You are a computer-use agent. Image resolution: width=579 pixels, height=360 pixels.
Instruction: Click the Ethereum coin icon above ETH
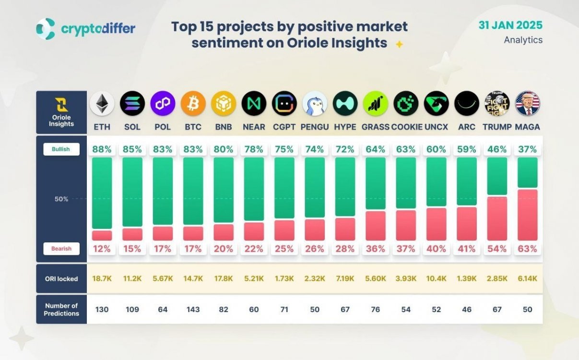(x=102, y=104)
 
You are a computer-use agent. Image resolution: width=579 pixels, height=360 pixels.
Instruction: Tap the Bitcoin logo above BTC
(x=193, y=104)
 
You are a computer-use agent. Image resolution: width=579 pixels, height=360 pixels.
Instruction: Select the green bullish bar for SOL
(x=132, y=192)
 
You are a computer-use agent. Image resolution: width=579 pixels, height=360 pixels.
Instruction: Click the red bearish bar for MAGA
(x=528, y=215)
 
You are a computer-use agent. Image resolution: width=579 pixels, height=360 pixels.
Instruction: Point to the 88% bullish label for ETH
(x=102, y=149)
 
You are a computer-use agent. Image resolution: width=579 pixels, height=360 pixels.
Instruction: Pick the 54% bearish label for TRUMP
(x=497, y=249)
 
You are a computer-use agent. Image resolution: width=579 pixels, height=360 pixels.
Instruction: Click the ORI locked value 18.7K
(x=102, y=278)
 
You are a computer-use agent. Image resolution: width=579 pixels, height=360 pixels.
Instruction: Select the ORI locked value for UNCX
(x=436, y=278)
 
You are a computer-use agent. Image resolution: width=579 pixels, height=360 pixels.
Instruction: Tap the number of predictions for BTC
(x=193, y=310)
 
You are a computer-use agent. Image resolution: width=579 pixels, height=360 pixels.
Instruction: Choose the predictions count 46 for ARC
(x=467, y=310)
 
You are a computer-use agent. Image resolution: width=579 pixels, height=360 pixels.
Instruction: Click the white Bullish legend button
(x=61, y=149)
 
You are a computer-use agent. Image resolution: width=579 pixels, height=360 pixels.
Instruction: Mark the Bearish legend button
(x=61, y=249)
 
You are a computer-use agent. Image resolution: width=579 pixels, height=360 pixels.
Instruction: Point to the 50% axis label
(x=61, y=199)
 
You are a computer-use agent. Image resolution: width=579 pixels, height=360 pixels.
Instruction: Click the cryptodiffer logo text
(x=98, y=29)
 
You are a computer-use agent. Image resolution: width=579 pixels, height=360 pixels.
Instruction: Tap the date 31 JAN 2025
(x=510, y=25)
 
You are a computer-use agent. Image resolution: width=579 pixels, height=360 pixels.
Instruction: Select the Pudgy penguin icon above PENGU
(x=315, y=104)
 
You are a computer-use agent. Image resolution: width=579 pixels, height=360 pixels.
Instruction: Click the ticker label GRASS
(x=376, y=127)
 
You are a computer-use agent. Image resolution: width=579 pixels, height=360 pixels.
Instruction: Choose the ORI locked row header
(x=61, y=278)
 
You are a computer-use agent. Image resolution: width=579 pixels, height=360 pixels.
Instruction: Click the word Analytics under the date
(x=523, y=40)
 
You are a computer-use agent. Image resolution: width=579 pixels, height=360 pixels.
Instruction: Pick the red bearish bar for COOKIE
(x=406, y=225)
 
